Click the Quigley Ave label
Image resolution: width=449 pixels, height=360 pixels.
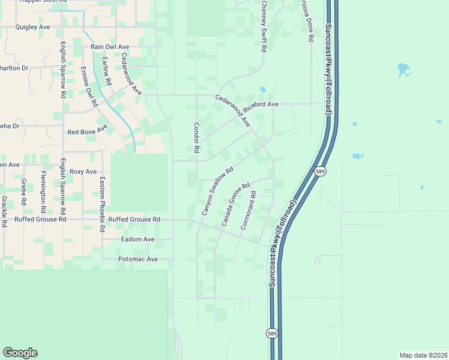tap(32, 27)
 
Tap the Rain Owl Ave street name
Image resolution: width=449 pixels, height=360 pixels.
tap(109, 46)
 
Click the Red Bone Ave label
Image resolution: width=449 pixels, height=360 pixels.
tap(87, 132)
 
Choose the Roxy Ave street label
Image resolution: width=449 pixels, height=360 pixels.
tap(83, 172)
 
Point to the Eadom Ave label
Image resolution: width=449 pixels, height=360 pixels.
tap(137, 239)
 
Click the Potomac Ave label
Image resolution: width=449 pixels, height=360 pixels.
tap(137, 259)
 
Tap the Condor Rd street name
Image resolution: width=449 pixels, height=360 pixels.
tap(196, 138)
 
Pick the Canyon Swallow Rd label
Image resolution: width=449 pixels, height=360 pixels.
tap(216, 191)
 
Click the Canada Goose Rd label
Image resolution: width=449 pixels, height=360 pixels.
tap(235, 205)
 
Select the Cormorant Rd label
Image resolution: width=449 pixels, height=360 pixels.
tap(249, 211)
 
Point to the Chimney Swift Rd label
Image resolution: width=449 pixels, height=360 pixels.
tap(264, 27)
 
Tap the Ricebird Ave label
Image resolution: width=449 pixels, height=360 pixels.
tap(265, 104)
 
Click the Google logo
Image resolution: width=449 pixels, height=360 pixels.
tap(20, 353)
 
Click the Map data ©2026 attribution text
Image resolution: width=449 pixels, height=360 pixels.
tap(423, 355)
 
